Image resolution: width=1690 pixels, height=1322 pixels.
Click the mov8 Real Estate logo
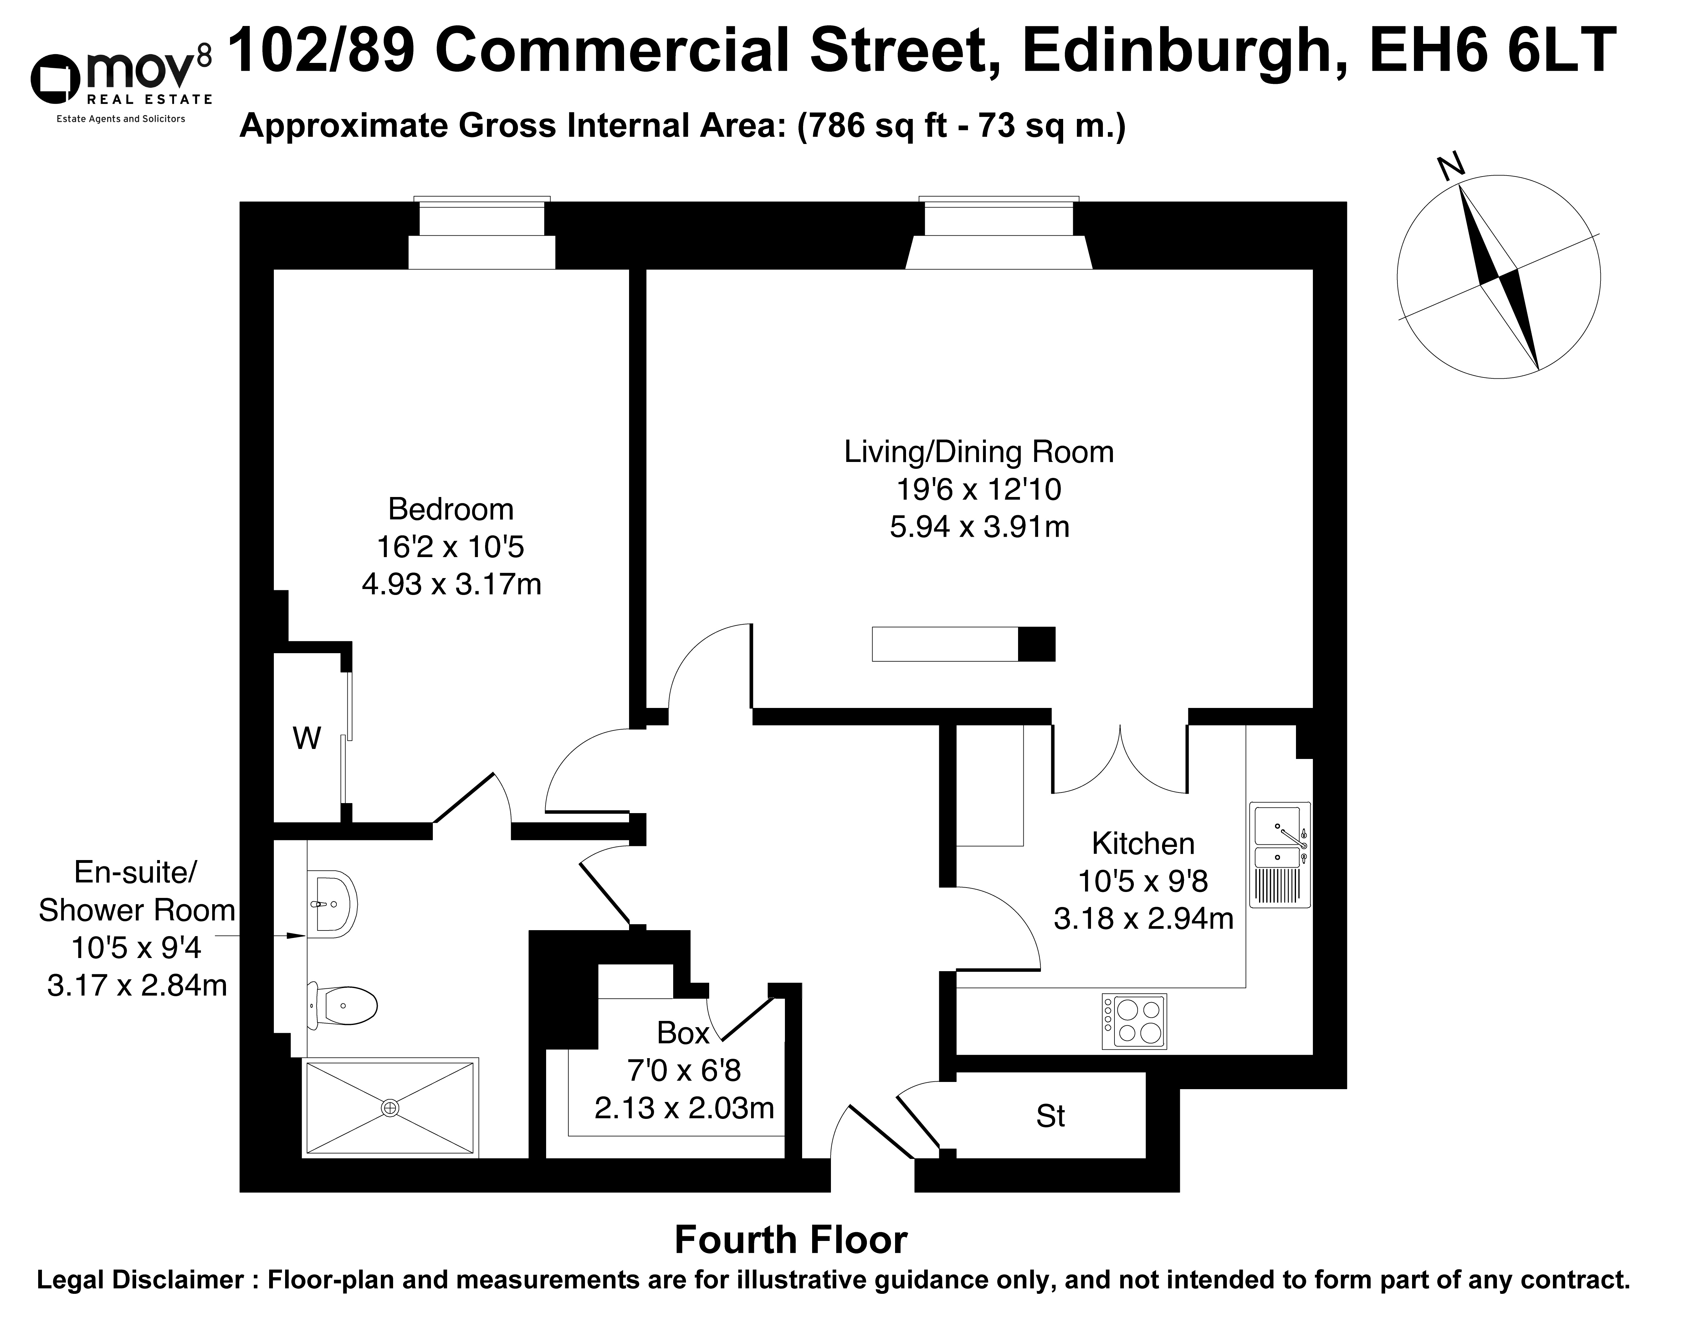(x=121, y=85)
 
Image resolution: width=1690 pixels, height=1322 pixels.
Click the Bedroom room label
(x=451, y=509)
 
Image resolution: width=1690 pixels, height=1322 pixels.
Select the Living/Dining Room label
(x=979, y=452)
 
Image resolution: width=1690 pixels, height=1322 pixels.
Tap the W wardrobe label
(x=306, y=738)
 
